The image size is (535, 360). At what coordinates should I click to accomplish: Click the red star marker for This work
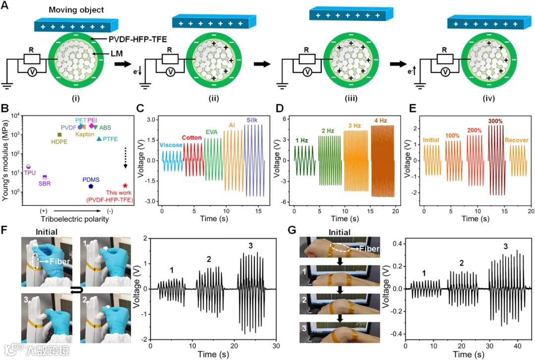coord(125,185)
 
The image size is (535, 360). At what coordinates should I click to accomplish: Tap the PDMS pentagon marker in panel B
coord(91,186)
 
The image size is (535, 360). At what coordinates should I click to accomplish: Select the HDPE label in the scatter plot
coord(60,141)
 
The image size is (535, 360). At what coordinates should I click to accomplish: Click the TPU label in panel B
coord(30,173)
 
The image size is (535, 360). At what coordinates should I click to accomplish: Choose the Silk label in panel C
coord(252,120)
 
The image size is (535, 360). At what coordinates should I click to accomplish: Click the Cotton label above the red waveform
coord(192,138)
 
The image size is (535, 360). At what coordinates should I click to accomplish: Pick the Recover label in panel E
coord(515,140)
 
